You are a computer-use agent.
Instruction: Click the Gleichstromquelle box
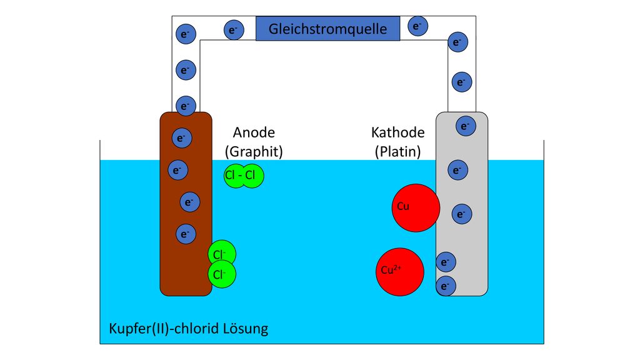(x=327, y=29)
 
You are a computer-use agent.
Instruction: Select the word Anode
(x=254, y=132)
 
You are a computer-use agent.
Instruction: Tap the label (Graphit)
(x=254, y=151)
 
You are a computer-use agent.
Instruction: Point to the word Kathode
(x=398, y=132)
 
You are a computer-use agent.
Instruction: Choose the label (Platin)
(x=398, y=151)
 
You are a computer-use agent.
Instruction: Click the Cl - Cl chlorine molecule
(x=244, y=176)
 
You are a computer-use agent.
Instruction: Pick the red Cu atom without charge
(x=416, y=207)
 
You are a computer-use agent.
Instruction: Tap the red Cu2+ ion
(x=400, y=272)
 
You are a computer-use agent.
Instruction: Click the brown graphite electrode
(x=186, y=204)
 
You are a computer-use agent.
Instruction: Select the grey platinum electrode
(x=462, y=204)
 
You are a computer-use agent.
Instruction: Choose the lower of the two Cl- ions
(x=222, y=274)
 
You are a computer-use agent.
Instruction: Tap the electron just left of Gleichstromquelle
(x=234, y=30)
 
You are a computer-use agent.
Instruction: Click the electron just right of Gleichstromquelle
(x=417, y=26)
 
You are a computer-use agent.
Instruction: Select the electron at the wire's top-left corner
(x=186, y=34)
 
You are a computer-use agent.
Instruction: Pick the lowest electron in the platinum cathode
(x=446, y=286)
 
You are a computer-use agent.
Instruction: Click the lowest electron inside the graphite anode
(x=186, y=234)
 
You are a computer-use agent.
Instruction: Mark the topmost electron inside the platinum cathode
(x=466, y=126)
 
